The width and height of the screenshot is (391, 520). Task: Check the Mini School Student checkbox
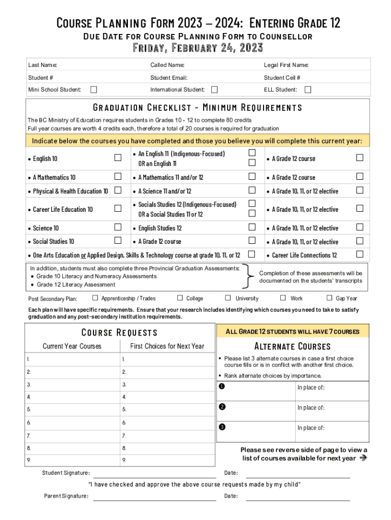click(x=93, y=90)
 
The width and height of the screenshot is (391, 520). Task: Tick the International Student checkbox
click(x=214, y=90)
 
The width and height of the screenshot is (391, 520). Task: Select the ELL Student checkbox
click(x=307, y=90)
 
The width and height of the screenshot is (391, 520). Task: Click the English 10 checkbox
click(x=118, y=158)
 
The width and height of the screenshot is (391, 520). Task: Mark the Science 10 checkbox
click(x=118, y=227)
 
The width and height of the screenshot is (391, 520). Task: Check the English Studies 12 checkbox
click(x=252, y=227)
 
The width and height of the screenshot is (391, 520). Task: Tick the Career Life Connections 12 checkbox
click(x=360, y=254)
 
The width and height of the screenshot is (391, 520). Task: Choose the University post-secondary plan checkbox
click(x=228, y=298)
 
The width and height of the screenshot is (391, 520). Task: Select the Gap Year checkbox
click(x=329, y=298)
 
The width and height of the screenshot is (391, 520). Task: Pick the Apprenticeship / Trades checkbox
click(x=95, y=298)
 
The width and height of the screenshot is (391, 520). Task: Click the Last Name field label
click(x=43, y=65)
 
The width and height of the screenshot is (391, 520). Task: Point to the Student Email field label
click(x=169, y=78)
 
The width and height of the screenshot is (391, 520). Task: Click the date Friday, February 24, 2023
click(x=198, y=48)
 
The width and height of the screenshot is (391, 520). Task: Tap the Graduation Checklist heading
click(x=198, y=108)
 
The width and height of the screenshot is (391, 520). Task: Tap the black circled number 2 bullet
click(x=222, y=406)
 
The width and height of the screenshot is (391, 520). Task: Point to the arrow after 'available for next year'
click(x=363, y=458)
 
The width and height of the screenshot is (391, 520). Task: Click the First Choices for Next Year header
click(x=167, y=346)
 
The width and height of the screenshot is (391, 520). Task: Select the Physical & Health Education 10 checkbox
click(x=118, y=190)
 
